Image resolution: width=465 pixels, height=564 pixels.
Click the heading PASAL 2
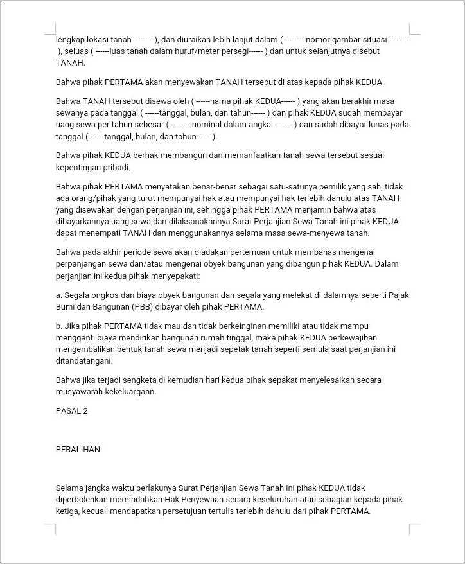pos(72,411)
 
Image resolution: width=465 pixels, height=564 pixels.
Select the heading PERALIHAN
pos(78,450)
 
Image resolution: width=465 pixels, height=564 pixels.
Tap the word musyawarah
pos(81,391)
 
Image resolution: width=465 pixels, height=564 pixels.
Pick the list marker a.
pos(58,295)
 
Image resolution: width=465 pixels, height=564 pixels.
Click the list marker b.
pos(58,326)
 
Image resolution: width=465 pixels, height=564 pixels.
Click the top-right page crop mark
pos(414,29)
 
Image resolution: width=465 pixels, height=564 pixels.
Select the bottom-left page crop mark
pos(51,529)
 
